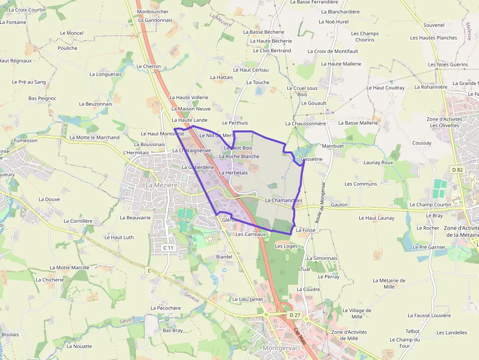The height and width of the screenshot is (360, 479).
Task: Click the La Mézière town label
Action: [161, 186]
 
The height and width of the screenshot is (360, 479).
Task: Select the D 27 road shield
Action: [294, 315]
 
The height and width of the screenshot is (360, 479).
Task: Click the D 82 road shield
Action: [457, 169]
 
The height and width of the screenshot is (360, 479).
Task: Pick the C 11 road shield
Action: [168, 248]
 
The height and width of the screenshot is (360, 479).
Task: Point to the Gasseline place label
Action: [311, 159]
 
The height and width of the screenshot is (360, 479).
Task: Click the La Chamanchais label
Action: [284, 200]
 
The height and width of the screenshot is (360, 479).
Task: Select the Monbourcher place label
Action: [152, 12]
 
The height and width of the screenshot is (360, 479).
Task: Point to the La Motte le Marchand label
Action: [94, 137]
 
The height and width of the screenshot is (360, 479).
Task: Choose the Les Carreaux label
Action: [250, 234]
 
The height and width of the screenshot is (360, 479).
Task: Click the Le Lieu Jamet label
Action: [247, 299]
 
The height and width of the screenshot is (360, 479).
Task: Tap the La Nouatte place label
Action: [79, 346]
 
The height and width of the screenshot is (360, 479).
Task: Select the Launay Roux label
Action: [378, 162]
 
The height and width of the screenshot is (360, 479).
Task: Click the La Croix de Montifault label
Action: [333, 51]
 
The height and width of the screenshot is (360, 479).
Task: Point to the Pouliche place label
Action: [67, 48]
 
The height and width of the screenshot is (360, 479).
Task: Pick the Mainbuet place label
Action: [333, 146]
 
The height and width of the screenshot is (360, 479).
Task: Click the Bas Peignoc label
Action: [43, 98]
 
